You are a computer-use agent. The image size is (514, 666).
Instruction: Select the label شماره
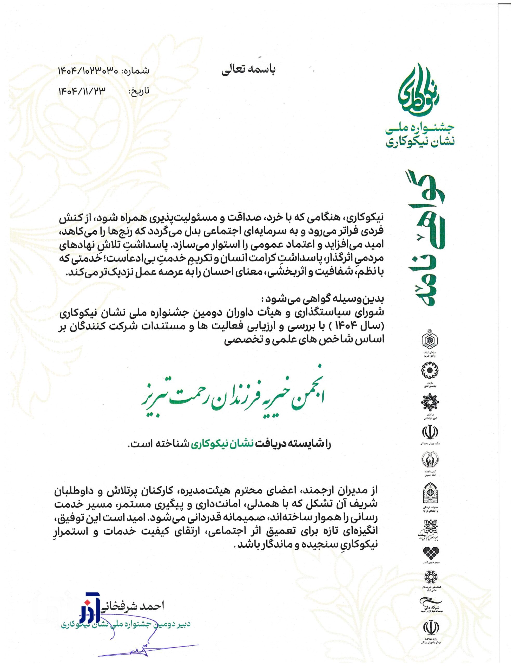(x=136, y=71)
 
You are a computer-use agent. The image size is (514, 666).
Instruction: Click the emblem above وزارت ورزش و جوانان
(x=430, y=432)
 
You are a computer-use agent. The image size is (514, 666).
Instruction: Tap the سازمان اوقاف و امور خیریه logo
(x=430, y=341)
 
